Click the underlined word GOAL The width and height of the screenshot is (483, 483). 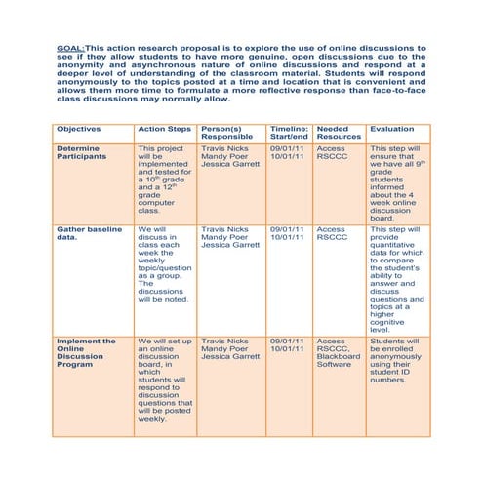coord(68,47)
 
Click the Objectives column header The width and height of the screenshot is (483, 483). coord(78,129)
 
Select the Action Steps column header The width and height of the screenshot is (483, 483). coord(164,129)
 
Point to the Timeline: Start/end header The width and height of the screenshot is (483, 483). coord(289,133)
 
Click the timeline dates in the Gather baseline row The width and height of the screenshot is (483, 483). coord(289,233)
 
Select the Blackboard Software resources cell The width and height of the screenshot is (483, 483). coord(338,361)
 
